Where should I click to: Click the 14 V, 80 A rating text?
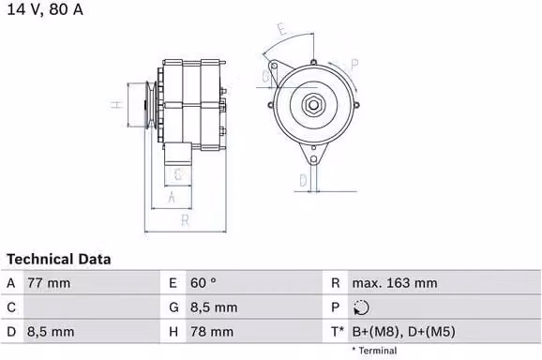[45, 9]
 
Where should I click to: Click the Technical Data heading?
[59, 259]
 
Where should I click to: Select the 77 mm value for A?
[49, 283]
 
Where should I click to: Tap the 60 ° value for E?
[203, 283]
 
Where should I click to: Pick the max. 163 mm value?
[395, 283]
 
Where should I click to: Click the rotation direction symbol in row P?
[361, 307]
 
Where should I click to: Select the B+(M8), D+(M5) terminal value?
[403, 332]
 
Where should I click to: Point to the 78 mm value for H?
[212, 332]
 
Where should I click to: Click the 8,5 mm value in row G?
[214, 307]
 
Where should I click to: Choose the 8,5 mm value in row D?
[51, 332]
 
